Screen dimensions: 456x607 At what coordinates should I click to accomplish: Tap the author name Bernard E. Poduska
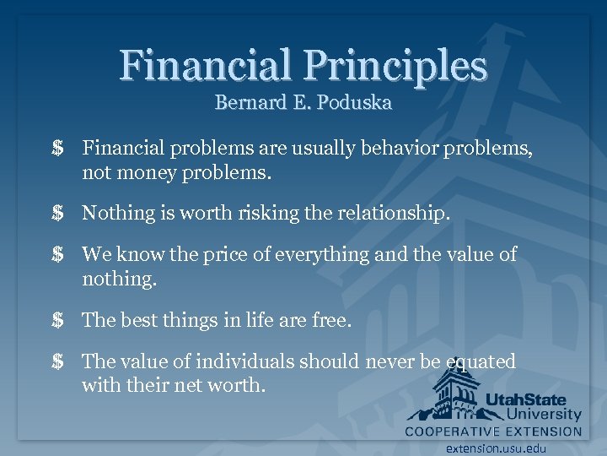pos(303,103)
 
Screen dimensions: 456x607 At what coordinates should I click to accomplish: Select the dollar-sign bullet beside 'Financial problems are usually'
pos(57,149)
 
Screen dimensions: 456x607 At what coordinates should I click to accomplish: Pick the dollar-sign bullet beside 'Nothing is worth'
pos(57,214)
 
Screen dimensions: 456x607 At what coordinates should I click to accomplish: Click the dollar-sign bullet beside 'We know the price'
pos(57,254)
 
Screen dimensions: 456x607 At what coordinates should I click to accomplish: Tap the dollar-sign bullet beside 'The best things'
pos(57,320)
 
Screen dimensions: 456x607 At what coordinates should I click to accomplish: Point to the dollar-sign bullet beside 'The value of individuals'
pos(57,361)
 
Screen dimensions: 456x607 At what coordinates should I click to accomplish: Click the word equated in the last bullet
pos(481,361)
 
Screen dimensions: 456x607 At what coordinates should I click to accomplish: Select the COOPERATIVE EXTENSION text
pos(493,431)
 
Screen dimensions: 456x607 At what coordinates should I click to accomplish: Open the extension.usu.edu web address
pos(497,448)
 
